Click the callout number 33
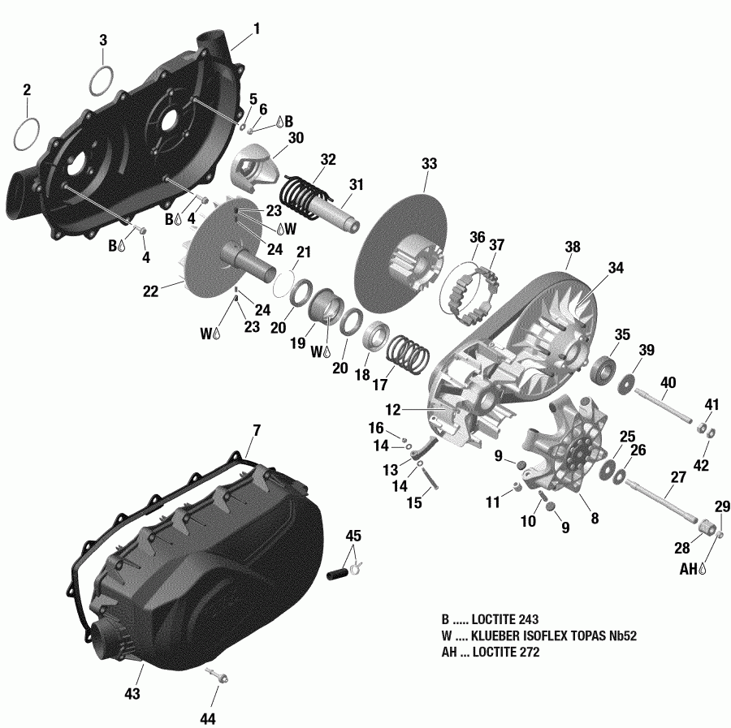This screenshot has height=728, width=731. (x=428, y=164)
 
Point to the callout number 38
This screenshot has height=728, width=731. (x=573, y=248)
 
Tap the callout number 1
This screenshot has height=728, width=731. (x=256, y=28)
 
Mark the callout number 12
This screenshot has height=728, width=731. (x=394, y=410)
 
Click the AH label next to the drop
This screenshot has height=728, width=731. (x=688, y=571)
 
